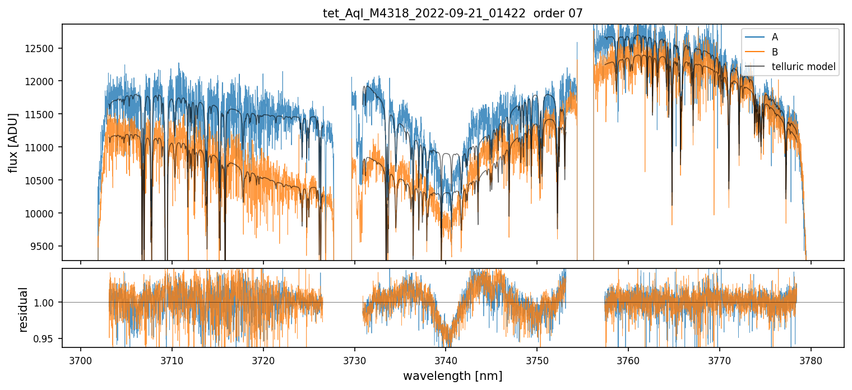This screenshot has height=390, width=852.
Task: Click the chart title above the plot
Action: (452, 13)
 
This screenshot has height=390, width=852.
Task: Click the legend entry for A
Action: (775, 37)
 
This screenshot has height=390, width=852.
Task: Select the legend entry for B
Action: (775, 52)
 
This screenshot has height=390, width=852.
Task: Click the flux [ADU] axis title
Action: (13, 142)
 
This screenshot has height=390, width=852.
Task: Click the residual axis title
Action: (23, 309)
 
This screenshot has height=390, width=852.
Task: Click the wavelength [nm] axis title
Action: (452, 375)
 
